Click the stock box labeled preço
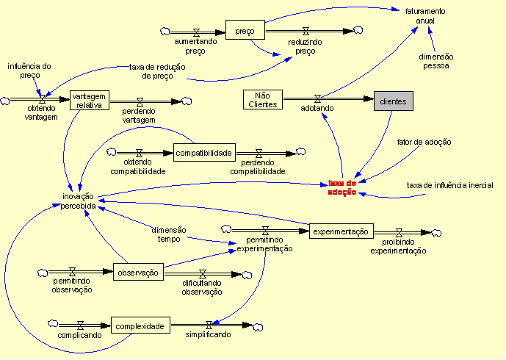(245, 31)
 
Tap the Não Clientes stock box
(262, 100)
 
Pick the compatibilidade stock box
(204, 153)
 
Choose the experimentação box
(340, 231)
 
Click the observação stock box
(137, 273)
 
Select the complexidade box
(140, 323)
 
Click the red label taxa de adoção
(342, 187)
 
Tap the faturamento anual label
(425, 15)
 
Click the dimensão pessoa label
(436, 61)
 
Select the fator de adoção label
(424, 141)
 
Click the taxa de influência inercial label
(450, 185)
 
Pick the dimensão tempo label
(169, 233)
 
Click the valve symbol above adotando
(318, 98)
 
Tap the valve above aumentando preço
(196, 32)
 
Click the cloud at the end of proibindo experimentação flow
(436, 233)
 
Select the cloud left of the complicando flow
(53, 324)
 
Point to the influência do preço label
(29, 71)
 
